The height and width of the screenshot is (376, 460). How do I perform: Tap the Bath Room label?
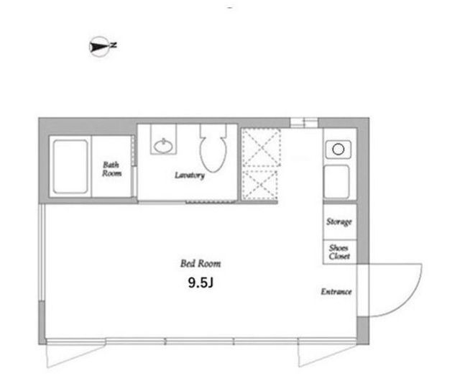(x=111, y=169)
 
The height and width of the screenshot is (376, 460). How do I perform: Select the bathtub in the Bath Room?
(x=70, y=166)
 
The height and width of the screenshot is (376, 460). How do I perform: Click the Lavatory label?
(x=190, y=175)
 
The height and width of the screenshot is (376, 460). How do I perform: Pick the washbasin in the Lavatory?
(x=163, y=146)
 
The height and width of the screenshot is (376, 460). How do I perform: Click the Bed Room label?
(x=201, y=263)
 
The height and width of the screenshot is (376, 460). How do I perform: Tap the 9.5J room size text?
(x=201, y=283)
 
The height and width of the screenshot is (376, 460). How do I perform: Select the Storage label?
(x=339, y=221)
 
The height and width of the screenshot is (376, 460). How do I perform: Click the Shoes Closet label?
(x=339, y=252)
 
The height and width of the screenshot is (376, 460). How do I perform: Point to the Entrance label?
(x=336, y=291)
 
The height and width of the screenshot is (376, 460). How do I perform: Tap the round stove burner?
(x=339, y=150)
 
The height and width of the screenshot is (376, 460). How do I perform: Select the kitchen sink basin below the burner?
(x=336, y=182)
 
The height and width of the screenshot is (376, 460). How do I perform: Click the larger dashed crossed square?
(x=261, y=147)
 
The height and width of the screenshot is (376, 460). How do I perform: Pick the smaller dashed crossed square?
(x=260, y=185)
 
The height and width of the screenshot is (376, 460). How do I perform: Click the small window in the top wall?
(x=304, y=122)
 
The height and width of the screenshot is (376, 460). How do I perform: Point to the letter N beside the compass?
(x=114, y=45)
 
